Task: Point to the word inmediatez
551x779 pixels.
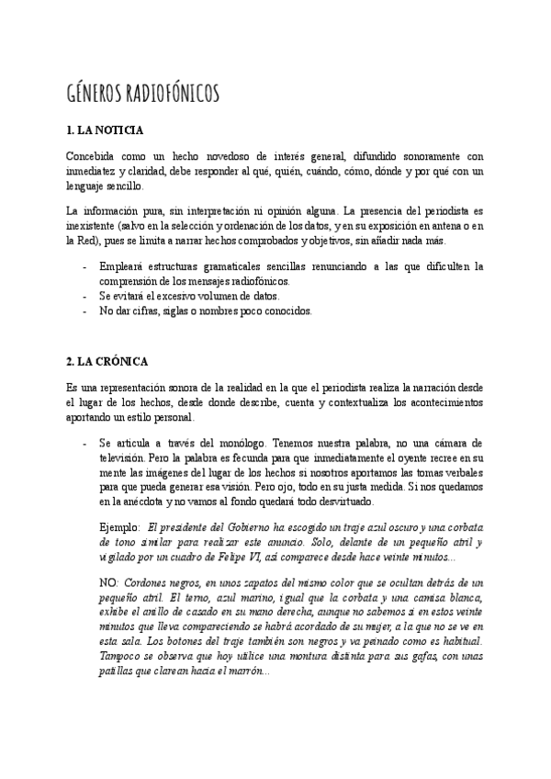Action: [93, 171]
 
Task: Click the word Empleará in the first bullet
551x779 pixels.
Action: [121, 266]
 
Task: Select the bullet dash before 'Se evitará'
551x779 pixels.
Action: [85, 296]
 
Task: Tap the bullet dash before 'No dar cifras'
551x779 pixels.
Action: [85, 310]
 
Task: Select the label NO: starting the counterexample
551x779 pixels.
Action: [108, 583]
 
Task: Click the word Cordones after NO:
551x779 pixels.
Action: [146, 583]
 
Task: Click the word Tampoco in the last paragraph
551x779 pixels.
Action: [121, 657]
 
